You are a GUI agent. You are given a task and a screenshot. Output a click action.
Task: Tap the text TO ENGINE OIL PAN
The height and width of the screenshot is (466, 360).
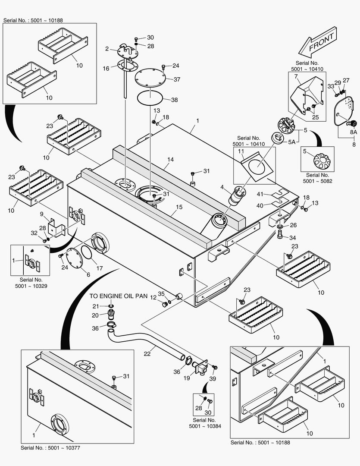pos(119,296)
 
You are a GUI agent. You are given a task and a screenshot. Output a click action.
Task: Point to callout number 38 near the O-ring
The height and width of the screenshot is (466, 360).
pos(174,100)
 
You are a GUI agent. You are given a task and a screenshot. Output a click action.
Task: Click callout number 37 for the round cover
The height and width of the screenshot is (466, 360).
pos(177,79)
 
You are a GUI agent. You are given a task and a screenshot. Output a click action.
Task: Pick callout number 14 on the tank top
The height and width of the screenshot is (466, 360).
pos(171,160)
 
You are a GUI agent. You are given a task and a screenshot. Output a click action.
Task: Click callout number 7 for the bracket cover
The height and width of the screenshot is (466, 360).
pos(296,76)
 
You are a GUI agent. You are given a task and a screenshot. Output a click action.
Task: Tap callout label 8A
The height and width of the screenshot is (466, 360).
pos(353,132)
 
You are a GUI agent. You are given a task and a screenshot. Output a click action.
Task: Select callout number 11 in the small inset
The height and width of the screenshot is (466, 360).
pos(241,151)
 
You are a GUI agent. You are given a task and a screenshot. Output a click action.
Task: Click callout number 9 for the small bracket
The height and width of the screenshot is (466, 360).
pos(42,214)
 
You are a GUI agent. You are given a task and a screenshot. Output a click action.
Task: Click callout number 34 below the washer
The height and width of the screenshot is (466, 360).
pos(293,238)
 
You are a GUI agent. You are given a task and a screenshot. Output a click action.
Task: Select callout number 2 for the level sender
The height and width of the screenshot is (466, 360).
pos(106,49)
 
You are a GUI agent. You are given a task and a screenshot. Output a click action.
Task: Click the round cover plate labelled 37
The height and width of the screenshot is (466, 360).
pos(150,79)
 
